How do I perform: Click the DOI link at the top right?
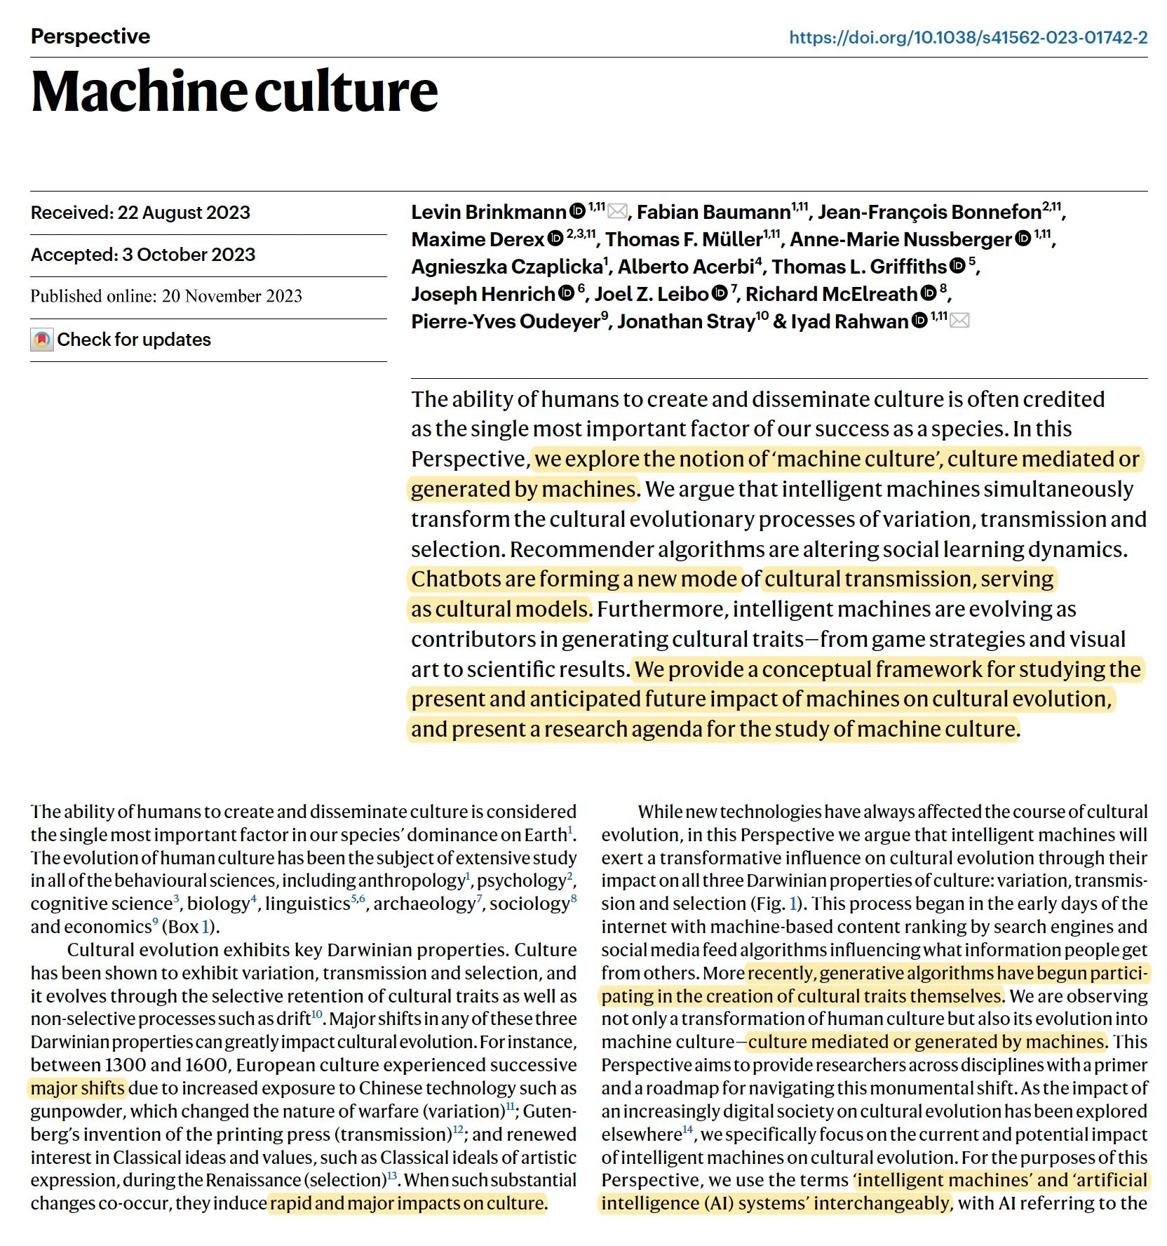(x=968, y=37)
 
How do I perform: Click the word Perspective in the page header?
(x=90, y=36)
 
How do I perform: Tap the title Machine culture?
(x=234, y=91)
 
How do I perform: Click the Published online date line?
(x=166, y=296)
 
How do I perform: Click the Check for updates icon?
(x=42, y=340)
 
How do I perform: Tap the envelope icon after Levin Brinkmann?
(x=617, y=210)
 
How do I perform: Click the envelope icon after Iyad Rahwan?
(x=959, y=321)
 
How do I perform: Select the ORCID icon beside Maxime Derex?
(x=555, y=239)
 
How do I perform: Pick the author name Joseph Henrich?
(x=483, y=294)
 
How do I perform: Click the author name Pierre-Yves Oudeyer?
(x=505, y=321)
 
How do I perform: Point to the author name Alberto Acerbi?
(x=685, y=267)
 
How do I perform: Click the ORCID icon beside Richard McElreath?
(x=929, y=293)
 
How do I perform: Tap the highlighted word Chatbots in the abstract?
(x=454, y=579)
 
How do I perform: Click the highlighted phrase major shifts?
(x=78, y=1088)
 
